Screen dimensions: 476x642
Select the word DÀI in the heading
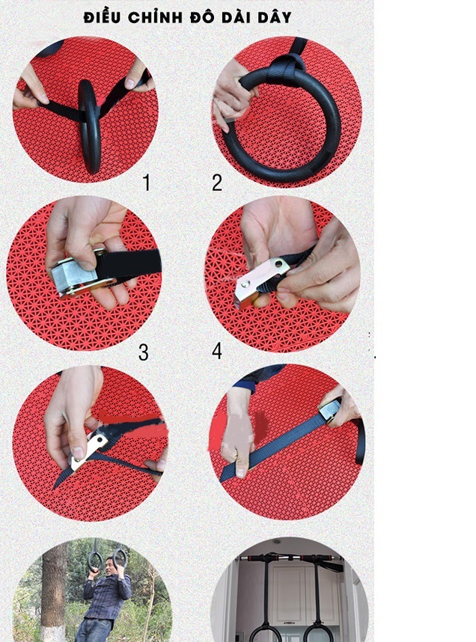(x=236, y=16)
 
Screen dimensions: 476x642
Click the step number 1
(x=146, y=183)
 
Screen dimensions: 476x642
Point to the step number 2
(x=217, y=183)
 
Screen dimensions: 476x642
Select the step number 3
(x=144, y=352)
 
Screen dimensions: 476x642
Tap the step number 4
(x=217, y=351)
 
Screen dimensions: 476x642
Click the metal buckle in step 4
(x=260, y=283)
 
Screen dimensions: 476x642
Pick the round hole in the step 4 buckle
(x=280, y=264)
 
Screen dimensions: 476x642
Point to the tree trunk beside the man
(x=54, y=593)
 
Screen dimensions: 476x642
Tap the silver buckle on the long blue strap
(x=330, y=410)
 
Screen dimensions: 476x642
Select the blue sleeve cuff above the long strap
(x=243, y=385)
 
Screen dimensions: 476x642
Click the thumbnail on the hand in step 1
(x=129, y=84)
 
